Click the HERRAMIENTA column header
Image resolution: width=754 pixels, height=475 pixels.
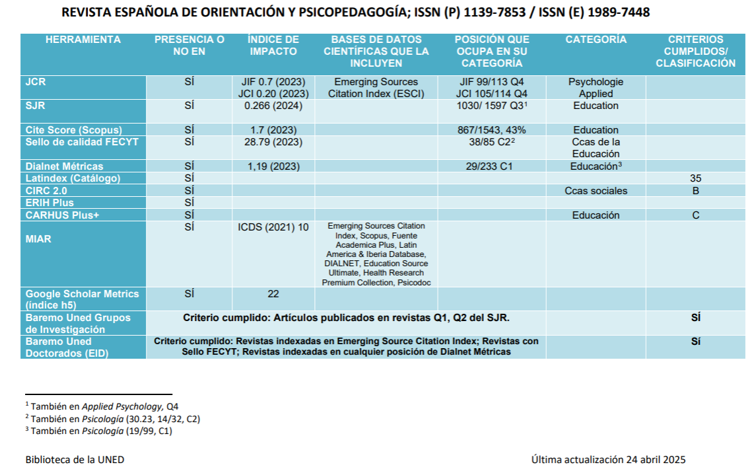coord(83,40)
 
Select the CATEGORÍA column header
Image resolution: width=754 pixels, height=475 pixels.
coord(596,40)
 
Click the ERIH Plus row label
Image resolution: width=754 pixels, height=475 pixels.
coord(50,203)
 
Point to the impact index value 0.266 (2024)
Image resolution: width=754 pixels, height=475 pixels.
coord(273,106)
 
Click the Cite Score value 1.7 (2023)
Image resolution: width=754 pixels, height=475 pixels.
coord(273,130)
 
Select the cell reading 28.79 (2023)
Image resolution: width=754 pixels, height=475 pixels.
coord(273,142)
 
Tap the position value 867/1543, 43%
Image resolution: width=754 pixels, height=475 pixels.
coord(492,130)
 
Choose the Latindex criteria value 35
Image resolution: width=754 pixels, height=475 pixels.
coord(695,178)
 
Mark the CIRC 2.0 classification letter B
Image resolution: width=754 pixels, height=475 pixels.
coord(695,191)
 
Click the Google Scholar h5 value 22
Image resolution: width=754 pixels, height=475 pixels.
coord(273,294)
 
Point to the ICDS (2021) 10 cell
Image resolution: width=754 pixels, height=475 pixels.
coord(273,227)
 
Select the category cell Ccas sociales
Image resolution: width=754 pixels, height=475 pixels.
coord(596,191)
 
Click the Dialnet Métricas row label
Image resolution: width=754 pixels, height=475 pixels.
coord(65,166)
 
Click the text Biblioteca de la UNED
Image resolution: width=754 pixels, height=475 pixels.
coord(75,460)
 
